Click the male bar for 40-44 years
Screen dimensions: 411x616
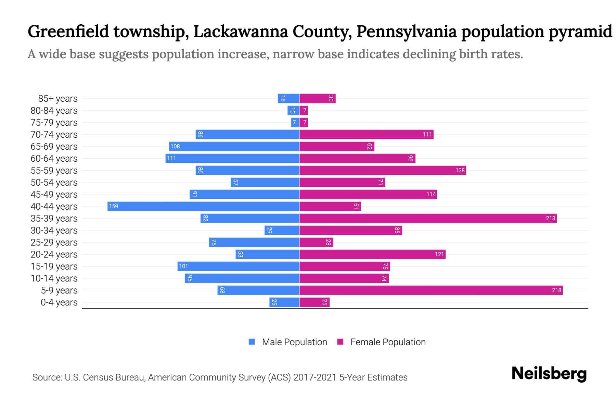[x=203, y=206]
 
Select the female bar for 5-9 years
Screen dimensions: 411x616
[x=431, y=290]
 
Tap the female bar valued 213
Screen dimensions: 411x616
[x=428, y=218]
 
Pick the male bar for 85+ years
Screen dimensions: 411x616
[x=288, y=98]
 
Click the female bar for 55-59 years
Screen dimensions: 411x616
[x=383, y=170]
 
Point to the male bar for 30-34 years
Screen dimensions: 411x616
[x=282, y=230]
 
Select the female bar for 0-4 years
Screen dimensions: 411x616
[x=314, y=302]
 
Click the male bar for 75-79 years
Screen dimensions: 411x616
[x=295, y=122]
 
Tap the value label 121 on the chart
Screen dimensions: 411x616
[x=439, y=254]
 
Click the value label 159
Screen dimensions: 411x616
[x=114, y=206]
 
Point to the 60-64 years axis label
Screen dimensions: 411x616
[x=54, y=159]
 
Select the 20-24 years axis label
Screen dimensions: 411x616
[x=54, y=254]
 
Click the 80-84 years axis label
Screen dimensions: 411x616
[x=54, y=111]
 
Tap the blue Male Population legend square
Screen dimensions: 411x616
[x=252, y=342]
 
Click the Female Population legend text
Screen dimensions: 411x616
[x=388, y=342]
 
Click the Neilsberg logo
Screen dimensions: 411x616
[x=549, y=374]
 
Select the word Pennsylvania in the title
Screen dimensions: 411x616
[x=407, y=32]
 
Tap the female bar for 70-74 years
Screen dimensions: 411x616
[x=366, y=134]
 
